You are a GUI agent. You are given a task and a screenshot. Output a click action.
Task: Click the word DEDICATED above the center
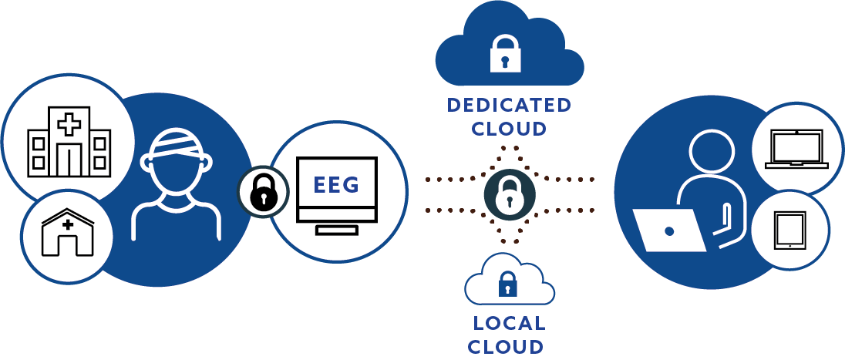click(510, 105)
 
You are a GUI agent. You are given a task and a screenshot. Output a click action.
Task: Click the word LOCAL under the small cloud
click(509, 323)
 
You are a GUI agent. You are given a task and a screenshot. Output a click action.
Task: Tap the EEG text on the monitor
click(336, 186)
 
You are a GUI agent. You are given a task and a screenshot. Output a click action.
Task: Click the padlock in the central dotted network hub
click(509, 193)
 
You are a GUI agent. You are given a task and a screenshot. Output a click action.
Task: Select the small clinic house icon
click(68, 232)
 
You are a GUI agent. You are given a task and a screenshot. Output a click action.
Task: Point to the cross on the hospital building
click(69, 124)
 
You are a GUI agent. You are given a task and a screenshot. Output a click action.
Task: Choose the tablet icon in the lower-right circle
click(789, 230)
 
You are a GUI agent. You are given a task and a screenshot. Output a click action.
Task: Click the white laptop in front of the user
click(670, 230)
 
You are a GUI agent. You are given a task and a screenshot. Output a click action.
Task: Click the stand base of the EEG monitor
click(336, 229)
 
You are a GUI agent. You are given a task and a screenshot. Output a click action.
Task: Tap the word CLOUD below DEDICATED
click(509, 128)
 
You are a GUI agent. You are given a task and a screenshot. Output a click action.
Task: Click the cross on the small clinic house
click(68, 224)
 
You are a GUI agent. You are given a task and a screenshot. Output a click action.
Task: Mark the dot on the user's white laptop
click(669, 230)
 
